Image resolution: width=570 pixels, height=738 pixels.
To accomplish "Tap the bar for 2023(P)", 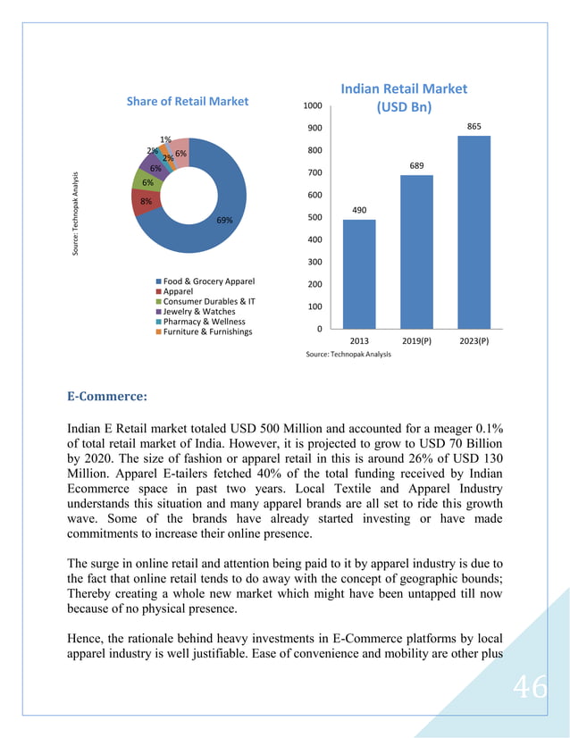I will (x=474, y=231).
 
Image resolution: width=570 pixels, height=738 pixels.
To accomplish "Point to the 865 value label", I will (x=474, y=127).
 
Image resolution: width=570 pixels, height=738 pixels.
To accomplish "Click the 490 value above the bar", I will (x=359, y=210).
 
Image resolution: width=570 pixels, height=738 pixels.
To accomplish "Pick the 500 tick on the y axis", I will (x=314, y=217).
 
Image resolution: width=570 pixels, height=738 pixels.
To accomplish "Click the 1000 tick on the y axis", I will (x=312, y=105).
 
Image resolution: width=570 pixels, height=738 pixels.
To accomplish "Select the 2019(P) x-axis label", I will (x=416, y=341).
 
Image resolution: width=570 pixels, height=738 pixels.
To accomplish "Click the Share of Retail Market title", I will (x=188, y=102).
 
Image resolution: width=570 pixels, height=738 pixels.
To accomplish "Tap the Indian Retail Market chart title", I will (x=404, y=97).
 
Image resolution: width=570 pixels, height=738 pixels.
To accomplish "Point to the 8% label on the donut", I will (x=146, y=202).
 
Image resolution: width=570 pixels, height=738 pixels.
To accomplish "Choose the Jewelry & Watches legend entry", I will (x=199, y=311).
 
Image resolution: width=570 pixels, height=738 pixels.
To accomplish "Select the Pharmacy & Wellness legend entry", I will (x=203, y=321).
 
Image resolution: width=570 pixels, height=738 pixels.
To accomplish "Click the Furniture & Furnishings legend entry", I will (x=207, y=331).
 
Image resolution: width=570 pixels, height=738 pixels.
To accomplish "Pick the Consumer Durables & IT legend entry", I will (x=208, y=301).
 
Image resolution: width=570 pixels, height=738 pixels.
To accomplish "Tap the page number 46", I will (x=530, y=689).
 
